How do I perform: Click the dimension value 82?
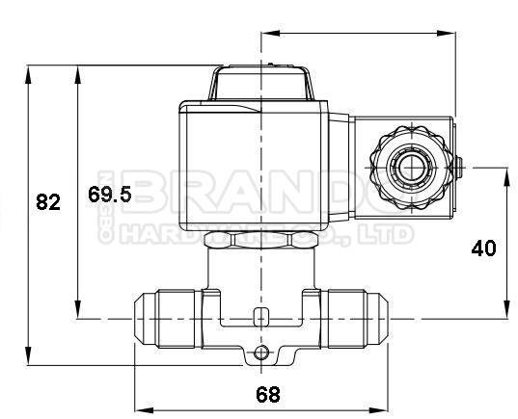click(48, 202)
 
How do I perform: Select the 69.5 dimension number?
click(109, 194)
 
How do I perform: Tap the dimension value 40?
click(483, 248)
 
